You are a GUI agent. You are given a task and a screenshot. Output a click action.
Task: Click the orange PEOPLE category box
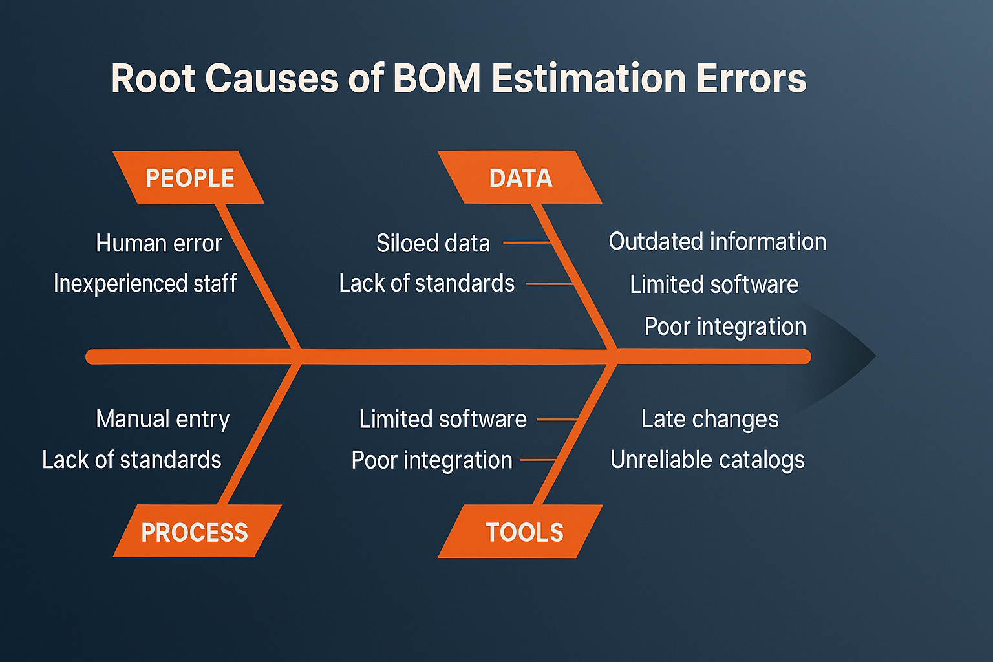pos(188,177)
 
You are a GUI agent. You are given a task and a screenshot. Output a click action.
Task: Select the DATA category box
pos(520,177)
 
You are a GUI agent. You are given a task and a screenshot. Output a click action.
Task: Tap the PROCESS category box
pos(197,531)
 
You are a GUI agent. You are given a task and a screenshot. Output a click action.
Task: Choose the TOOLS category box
pos(520,531)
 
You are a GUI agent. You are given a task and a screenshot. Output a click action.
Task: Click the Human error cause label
pos(158,244)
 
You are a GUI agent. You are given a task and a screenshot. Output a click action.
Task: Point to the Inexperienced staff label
pos(145,283)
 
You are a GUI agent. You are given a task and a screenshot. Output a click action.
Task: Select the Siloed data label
pos(433,244)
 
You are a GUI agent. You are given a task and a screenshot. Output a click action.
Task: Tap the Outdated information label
pos(717,242)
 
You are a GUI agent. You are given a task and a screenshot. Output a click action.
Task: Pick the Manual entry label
pos(163,420)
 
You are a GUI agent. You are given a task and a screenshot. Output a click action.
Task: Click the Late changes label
pos(710,419)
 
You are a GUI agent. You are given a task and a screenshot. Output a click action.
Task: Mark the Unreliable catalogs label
pos(707,460)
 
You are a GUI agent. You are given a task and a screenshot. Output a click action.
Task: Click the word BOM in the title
pos(436,78)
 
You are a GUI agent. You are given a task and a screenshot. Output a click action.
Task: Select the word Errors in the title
pos(751,78)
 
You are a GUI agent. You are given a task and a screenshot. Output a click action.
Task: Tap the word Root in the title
pos(153,78)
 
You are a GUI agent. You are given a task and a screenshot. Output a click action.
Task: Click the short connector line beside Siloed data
pos(527,243)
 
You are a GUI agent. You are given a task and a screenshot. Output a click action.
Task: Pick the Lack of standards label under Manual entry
pos(132,460)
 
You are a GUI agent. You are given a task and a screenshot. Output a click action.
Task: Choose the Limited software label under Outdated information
pos(714,284)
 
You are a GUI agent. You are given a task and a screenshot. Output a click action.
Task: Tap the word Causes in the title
pos(272,78)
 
